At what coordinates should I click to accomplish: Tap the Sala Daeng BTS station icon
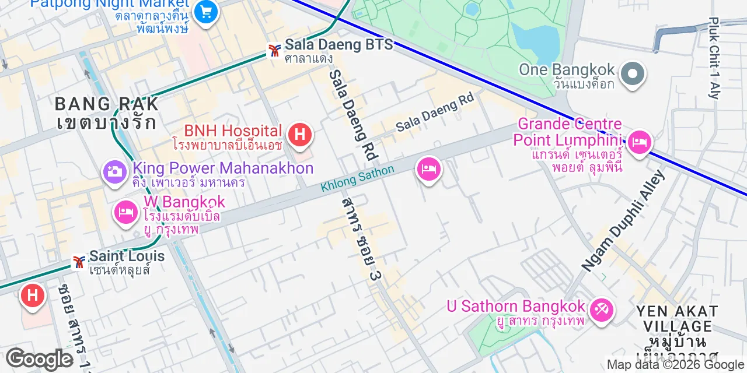pos(273,51)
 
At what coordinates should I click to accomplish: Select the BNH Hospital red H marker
pos(300,133)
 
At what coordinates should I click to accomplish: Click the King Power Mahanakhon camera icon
pos(115,171)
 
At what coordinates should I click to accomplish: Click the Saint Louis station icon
pos(78,262)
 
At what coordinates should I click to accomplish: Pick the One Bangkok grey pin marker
pos(632,75)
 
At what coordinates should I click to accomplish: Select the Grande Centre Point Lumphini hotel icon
pos(639,142)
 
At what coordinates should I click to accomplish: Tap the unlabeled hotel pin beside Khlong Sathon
pos(429,169)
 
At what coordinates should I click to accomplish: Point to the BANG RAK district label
pos(106,104)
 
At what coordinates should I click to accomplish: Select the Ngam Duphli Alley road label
pos(623,220)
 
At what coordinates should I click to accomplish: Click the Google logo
pos(39,359)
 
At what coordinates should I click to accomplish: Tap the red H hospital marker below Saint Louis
pos(33,295)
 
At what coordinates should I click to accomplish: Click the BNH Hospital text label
pos(233,131)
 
